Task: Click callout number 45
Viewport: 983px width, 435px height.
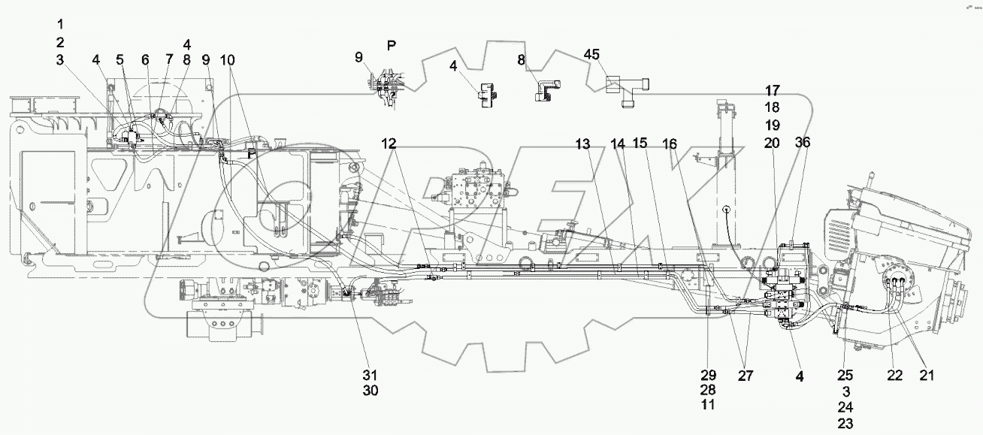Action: [592, 54]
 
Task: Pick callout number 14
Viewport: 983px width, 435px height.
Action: [617, 143]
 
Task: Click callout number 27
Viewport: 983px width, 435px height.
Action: [746, 376]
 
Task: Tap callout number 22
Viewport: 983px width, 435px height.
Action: [894, 376]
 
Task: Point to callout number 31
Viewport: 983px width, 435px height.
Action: [369, 376]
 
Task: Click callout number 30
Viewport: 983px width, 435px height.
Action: [369, 391]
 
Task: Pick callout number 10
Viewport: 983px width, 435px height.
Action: [228, 59]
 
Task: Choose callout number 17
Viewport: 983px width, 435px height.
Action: [774, 92]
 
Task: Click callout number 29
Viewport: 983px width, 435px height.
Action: [709, 375]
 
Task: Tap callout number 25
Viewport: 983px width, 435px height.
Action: [845, 375]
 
